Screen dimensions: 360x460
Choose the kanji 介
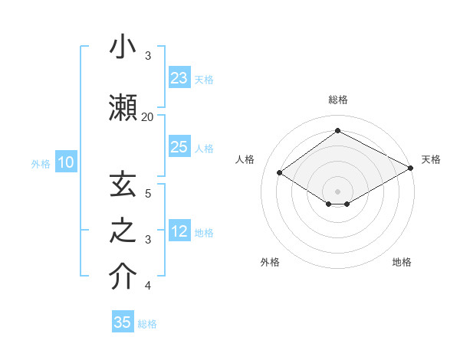(x=123, y=277)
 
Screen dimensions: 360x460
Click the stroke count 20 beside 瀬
(x=147, y=116)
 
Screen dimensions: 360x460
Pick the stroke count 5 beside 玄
(x=148, y=193)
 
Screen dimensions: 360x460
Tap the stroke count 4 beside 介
(x=148, y=286)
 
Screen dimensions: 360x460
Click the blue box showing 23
(x=179, y=78)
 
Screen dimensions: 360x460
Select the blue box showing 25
(x=179, y=147)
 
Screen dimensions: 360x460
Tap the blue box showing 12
(x=179, y=231)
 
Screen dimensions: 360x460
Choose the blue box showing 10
(x=66, y=162)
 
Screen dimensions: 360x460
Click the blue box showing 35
(x=123, y=322)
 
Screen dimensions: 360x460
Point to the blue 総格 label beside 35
(x=148, y=324)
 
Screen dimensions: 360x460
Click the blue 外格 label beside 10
(x=41, y=163)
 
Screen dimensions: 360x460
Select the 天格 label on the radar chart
(x=431, y=159)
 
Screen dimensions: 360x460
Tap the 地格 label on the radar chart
(x=402, y=262)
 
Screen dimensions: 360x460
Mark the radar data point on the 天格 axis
(x=411, y=168)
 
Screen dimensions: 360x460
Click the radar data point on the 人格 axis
(x=280, y=173)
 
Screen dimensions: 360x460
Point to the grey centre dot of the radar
(x=337, y=190)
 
